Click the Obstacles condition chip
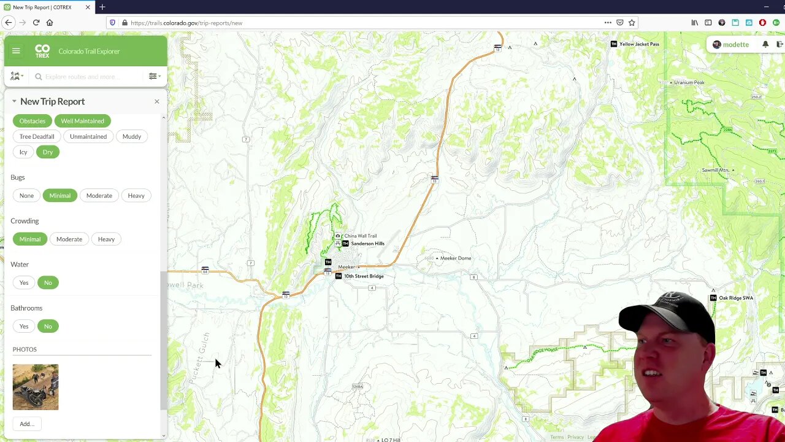pos(33,121)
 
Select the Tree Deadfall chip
pos(37,136)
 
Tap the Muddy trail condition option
pos(132,136)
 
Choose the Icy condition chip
pos(23,152)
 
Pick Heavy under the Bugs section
pos(136,195)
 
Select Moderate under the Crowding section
pos(69,239)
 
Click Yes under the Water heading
pos(24,282)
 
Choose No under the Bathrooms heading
pos(48,326)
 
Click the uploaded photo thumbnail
pos(36,387)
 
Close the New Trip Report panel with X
pos(156,101)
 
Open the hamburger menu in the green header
pos(16,51)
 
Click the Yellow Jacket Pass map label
pos(639,44)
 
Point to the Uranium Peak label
pos(689,82)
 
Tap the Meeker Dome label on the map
pos(455,258)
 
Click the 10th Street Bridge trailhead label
pos(364,276)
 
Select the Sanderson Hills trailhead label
pos(367,244)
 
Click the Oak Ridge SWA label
pos(735,298)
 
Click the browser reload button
pos(36,23)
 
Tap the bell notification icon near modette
pos(765,44)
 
